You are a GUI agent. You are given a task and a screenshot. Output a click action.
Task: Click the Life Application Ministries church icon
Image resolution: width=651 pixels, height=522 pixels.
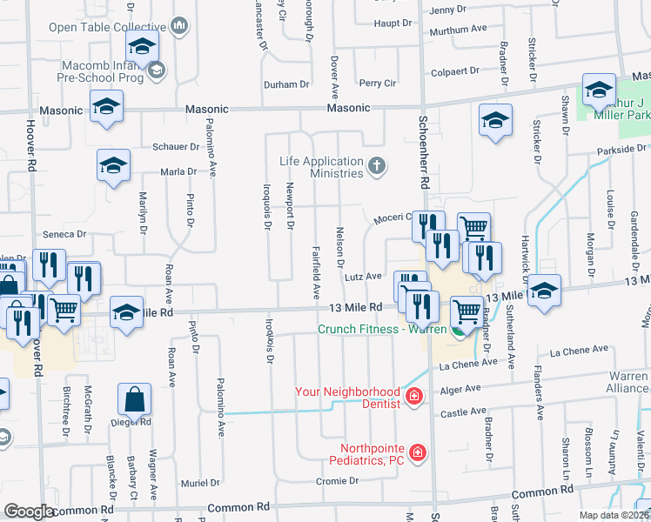(x=377, y=166)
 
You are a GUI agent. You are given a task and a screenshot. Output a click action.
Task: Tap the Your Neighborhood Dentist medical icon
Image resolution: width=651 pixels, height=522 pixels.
(x=414, y=398)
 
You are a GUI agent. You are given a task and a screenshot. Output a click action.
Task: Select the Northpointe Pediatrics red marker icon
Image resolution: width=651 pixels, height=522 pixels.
(x=419, y=452)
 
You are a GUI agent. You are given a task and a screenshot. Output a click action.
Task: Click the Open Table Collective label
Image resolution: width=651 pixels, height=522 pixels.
(x=108, y=27)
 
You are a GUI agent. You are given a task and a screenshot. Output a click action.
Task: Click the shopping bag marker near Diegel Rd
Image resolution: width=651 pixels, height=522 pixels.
(x=135, y=402)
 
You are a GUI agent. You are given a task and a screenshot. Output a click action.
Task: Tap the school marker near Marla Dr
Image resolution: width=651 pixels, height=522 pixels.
(x=113, y=169)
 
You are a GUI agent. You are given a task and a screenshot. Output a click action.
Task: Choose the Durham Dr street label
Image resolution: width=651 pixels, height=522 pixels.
(x=287, y=84)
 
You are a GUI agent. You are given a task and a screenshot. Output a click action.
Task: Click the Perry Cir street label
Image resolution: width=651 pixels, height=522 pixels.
(x=378, y=84)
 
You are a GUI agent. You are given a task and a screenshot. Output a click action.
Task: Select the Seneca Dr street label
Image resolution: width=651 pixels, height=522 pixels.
(x=65, y=235)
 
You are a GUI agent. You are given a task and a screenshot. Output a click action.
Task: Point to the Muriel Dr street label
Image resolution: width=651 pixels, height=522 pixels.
(x=201, y=482)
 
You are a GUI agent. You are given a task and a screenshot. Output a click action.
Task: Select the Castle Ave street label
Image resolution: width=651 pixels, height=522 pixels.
(x=464, y=412)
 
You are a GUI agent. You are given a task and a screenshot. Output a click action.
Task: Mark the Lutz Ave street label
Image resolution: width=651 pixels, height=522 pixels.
(x=363, y=277)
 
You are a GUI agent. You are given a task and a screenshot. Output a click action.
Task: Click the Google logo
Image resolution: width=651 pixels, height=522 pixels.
(x=30, y=512)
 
